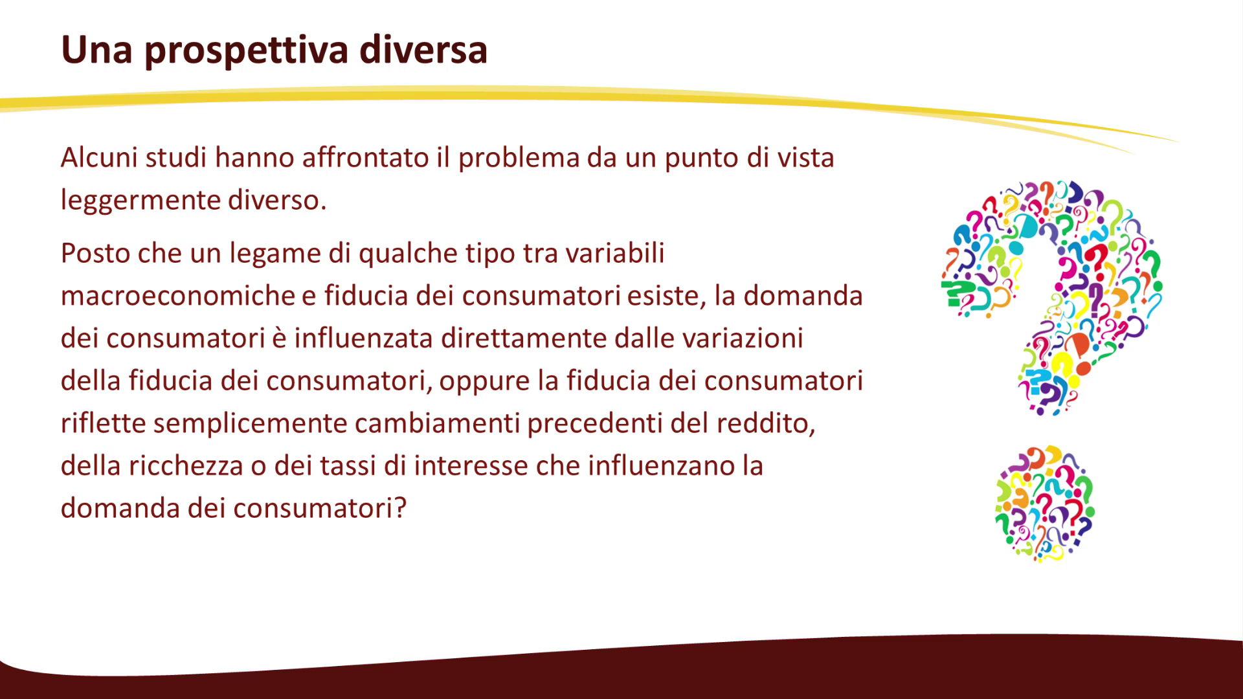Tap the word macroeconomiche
pos(178,296)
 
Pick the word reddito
pos(765,424)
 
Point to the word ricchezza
pos(185,466)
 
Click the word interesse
pos(471,466)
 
